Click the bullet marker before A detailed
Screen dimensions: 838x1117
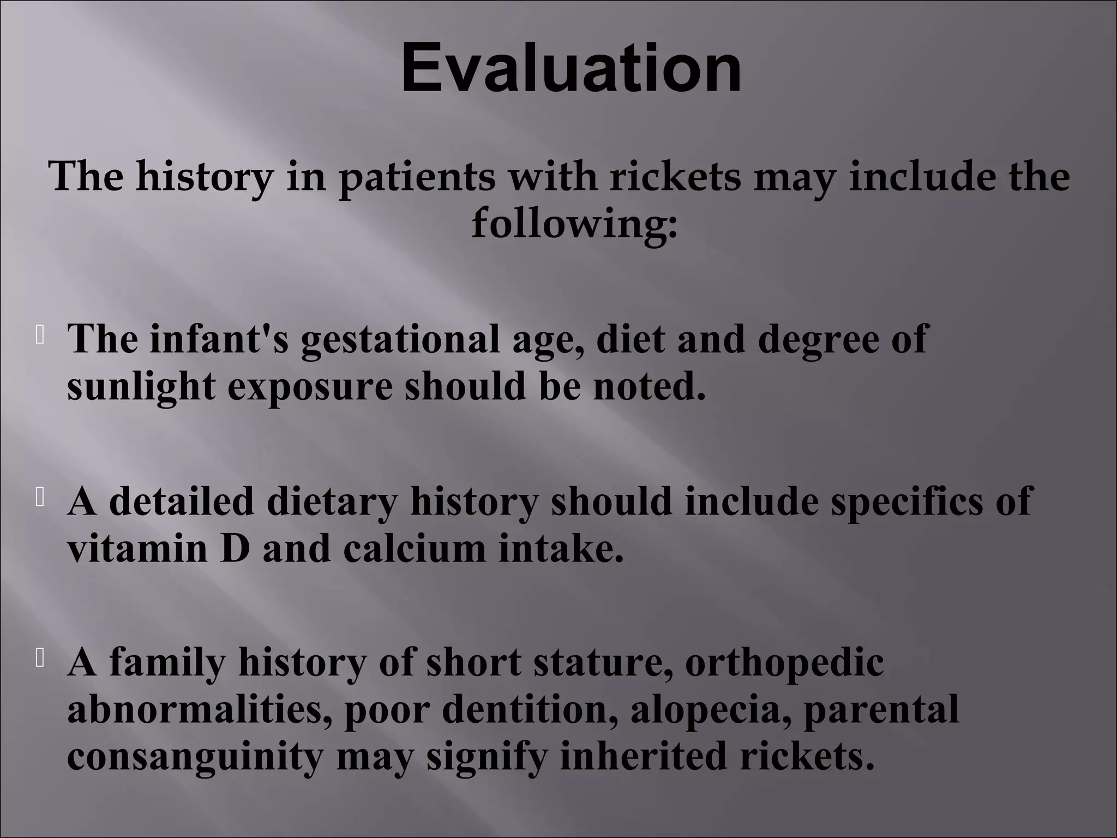point(40,498)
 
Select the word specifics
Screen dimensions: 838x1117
point(906,501)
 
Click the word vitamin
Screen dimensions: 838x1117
point(137,548)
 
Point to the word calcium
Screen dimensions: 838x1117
point(414,548)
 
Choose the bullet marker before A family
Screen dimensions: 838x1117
point(40,659)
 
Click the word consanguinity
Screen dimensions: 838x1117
point(195,757)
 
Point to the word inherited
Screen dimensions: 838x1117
point(643,756)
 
